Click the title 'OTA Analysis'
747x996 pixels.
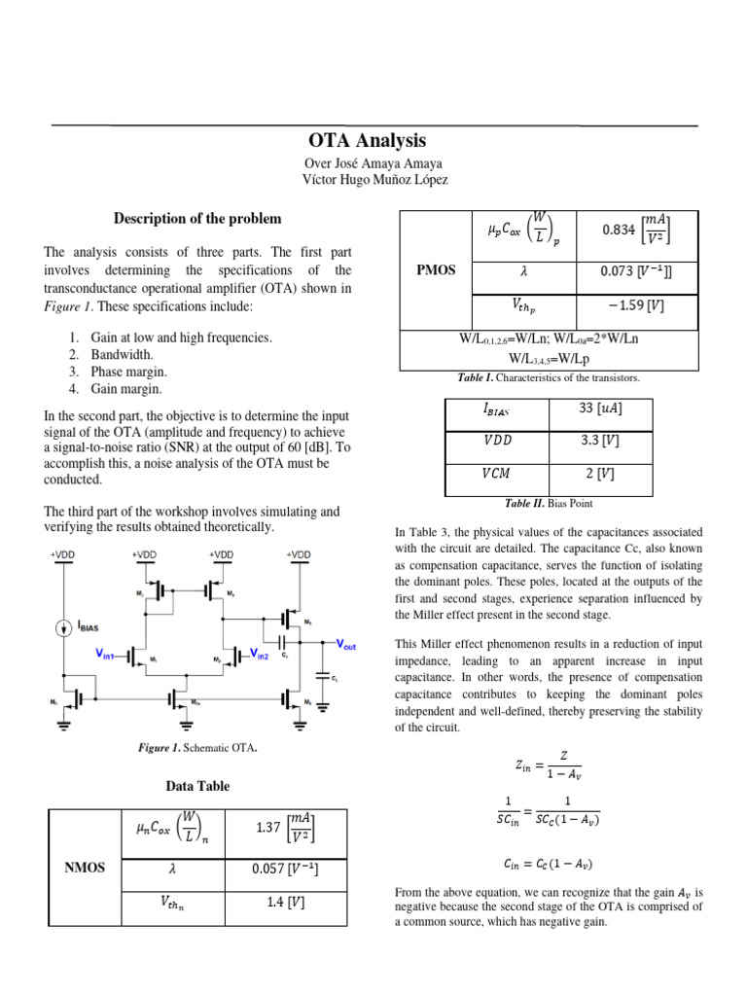click(x=367, y=141)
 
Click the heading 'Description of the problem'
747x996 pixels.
click(x=197, y=218)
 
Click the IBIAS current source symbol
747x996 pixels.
click(x=63, y=627)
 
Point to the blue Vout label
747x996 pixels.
click(x=345, y=644)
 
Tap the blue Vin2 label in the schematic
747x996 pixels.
click(x=260, y=657)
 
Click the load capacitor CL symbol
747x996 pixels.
click(x=322, y=675)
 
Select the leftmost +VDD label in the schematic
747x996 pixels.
click(x=64, y=554)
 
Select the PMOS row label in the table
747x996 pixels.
click(x=437, y=269)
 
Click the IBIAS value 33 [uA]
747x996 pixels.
click(x=600, y=409)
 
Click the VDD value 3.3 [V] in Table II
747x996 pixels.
click(x=600, y=441)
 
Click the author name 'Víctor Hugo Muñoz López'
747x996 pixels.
click(x=373, y=181)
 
